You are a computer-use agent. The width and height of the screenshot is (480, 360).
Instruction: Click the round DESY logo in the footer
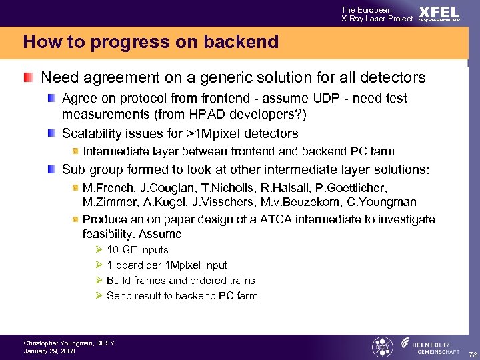tap(381, 347)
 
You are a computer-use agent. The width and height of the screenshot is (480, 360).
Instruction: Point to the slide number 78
tap(472, 353)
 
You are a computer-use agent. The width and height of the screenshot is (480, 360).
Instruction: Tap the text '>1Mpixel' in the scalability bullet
tap(191, 133)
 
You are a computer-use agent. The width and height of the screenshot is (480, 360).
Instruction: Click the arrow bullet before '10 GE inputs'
tap(97, 250)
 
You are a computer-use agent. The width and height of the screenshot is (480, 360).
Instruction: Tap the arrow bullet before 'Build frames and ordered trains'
tap(97, 281)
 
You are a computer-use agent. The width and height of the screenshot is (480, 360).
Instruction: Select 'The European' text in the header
tap(367, 10)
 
